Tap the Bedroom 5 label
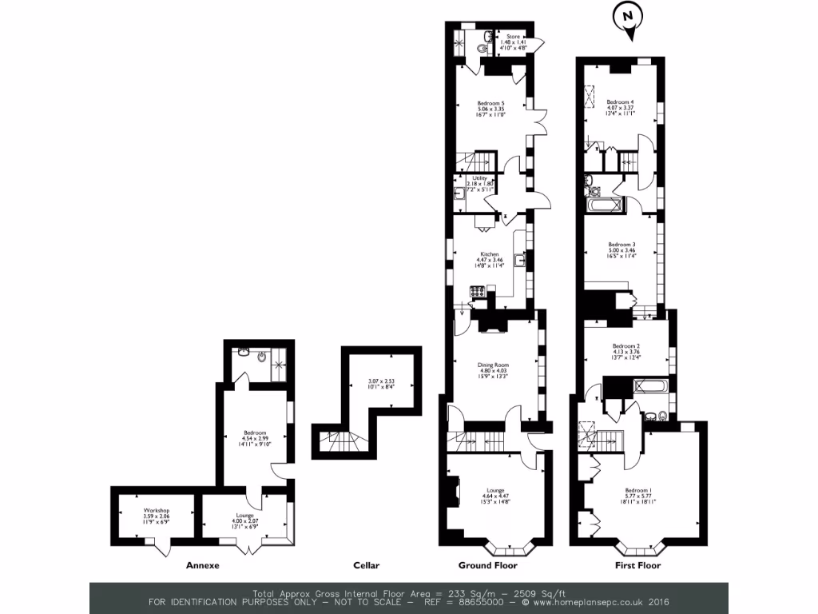[491, 103]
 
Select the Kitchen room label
[490, 254]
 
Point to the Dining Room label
[493, 365]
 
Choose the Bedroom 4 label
[620, 102]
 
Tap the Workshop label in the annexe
[157, 510]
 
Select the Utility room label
[479, 179]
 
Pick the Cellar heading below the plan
[367, 565]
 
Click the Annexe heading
[202, 565]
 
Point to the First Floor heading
[637, 565]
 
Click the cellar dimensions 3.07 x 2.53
[381, 381]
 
